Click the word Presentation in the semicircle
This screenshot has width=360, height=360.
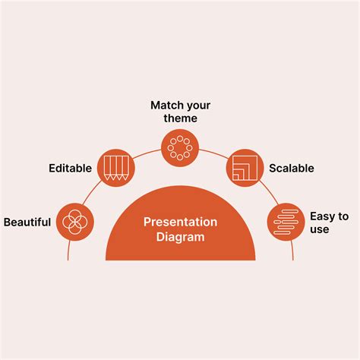click(180, 222)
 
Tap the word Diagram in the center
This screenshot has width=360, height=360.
click(180, 237)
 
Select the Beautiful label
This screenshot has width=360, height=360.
click(27, 223)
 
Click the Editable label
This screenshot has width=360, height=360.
click(70, 168)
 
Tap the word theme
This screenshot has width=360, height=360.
click(180, 118)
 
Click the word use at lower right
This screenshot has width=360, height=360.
click(320, 229)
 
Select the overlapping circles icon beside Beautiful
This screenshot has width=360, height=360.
click(75, 222)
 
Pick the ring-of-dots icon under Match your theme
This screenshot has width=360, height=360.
click(180, 147)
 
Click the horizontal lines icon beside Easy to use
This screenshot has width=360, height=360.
click(285, 222)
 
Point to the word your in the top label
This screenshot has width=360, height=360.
click(198, 105)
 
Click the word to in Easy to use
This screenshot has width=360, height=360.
click(343, 216)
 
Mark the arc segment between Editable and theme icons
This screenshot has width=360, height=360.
click(147, 151)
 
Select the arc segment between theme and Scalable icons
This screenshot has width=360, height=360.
click(213, 151)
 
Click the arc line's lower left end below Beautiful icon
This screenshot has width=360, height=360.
click(68, 255)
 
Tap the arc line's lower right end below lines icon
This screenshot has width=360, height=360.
click(292, 255)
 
